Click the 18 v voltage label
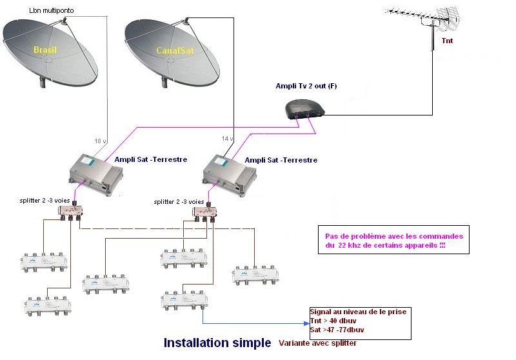click(99, 140)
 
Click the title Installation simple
click(217, 343)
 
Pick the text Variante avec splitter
click(317, 343)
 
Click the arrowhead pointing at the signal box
click(306, 323)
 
